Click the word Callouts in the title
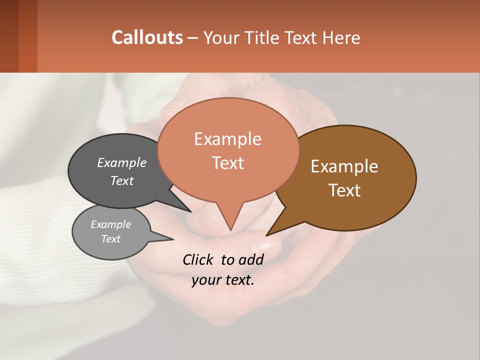pos(147,37)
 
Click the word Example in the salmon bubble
pos(227,139)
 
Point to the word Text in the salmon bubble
pos(227,163)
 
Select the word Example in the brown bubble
pos(344,166)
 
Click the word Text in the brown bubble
pos(344,190)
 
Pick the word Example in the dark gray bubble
pos(122,162)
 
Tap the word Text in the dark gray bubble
pos(122,180)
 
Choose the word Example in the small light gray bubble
pos(110,224)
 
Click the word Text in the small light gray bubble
pos(110,239)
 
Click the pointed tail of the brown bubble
pos(267,234)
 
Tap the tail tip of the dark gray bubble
pos(190,211)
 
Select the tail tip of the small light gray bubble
pos(172,239)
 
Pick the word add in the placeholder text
pos(251,259)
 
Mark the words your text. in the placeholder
pos(223,280)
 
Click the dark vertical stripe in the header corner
pos(9,36)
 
